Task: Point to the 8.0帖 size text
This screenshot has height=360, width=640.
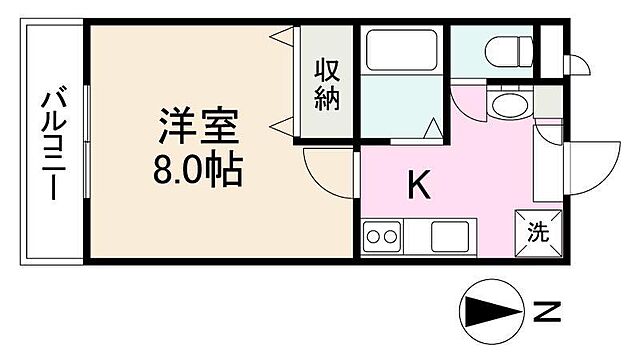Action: click(x=197, y=171)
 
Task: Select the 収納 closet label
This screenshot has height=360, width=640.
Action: click(x=329, y=84)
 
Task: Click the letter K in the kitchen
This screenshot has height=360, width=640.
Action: click(x=418, y=184)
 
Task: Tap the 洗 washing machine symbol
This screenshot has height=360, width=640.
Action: click(x=537, y=233)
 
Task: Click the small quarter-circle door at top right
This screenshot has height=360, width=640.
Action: click(x=577, y=64)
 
